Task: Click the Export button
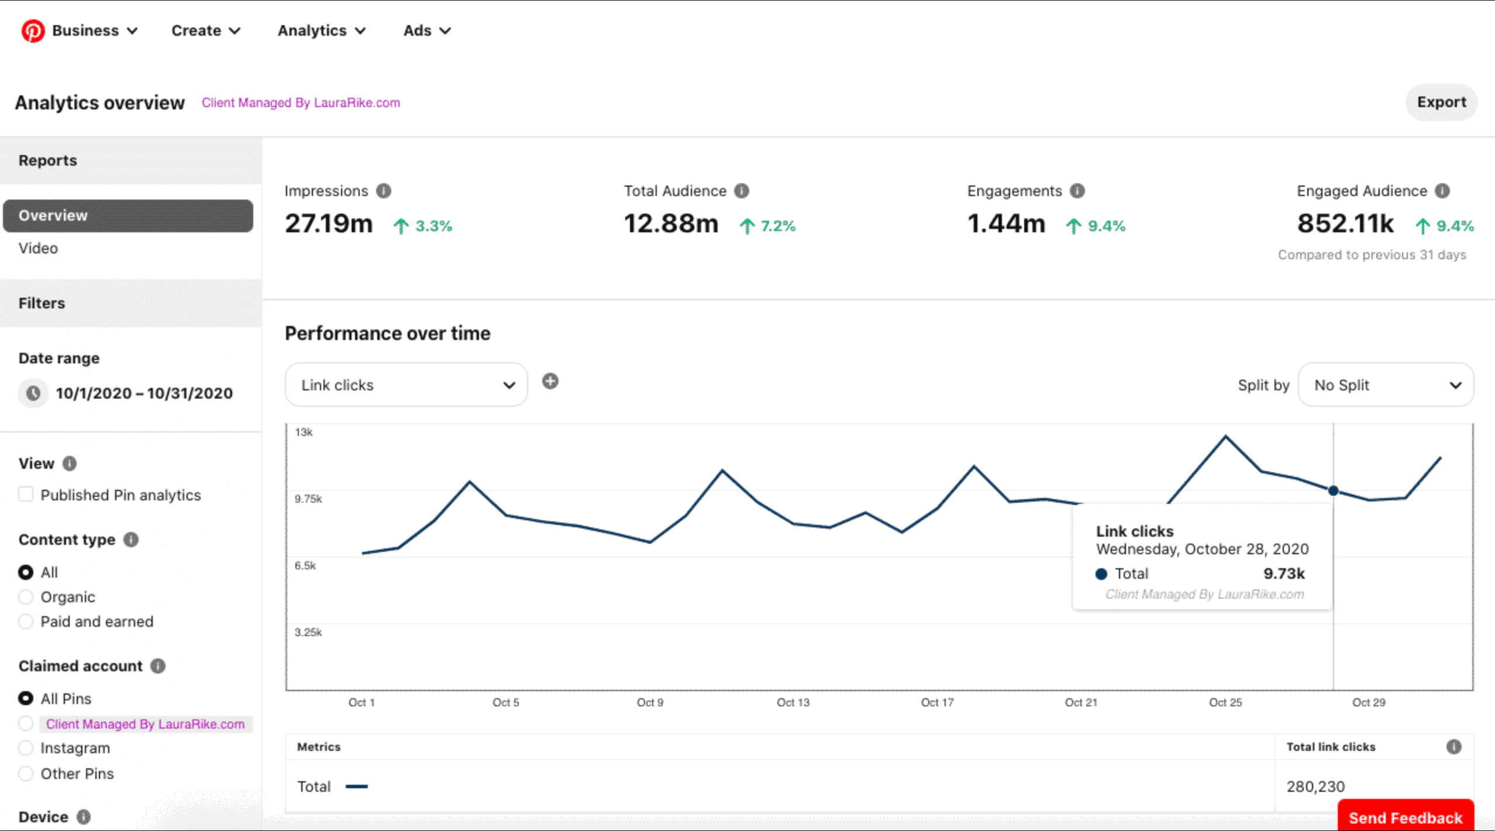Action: (x=1441, y=102)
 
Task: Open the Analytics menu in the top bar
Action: (x=321, y=30)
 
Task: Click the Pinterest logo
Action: (x=33, y=30)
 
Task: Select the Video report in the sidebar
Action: (x=38, y=248)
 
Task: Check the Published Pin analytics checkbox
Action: (x=26, y=495)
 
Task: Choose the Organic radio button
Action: (x=26, y=597)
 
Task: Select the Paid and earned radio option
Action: (x=26, y=621)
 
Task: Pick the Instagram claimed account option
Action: (x=26, y=748)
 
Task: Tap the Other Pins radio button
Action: (x=26, y=774)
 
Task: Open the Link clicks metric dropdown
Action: (x=406, y=385)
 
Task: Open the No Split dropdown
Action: (x=1385, y=385)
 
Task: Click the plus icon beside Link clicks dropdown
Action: (x=550, y=382)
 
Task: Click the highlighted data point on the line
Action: (x=1333, y=490)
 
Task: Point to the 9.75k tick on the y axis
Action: (x=308, y=499)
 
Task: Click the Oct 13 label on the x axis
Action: (x=793, y=702)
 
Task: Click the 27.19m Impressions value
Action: (x=329, y=224)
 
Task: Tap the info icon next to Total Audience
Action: (x=742, y=191)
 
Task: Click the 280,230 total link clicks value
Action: (x=1315, y=787)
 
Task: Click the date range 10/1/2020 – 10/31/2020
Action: (x=144, y=393)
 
